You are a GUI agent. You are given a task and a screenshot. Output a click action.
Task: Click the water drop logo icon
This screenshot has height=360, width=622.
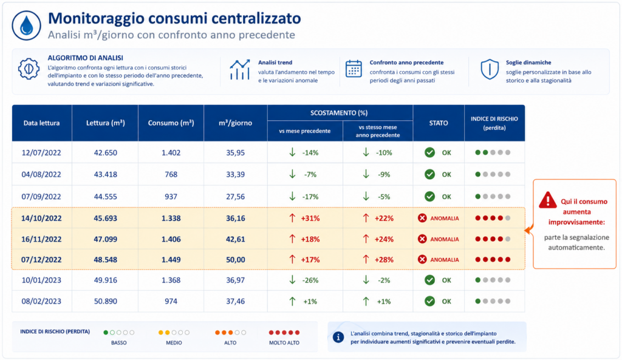coord(26,25)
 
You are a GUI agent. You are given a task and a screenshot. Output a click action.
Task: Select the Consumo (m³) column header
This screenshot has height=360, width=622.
coord(171,123)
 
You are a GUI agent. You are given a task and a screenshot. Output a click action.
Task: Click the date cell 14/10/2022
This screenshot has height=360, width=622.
coord(41,219)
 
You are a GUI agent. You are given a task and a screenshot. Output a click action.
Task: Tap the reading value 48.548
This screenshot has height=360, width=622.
coord(105,260)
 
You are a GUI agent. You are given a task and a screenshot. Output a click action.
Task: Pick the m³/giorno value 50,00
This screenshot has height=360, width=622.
coord(235,260)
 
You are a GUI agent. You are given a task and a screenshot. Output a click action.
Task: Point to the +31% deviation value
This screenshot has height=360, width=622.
coord(310,219)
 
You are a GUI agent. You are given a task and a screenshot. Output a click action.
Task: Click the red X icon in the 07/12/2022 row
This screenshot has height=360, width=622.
coord(422,259)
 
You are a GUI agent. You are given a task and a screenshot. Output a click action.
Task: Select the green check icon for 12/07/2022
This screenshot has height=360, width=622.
coord(429,152)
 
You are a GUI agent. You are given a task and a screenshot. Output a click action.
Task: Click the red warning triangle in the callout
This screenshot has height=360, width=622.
coord(548,200)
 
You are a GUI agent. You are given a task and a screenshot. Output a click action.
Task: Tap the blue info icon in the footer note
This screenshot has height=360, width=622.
coord(338,338)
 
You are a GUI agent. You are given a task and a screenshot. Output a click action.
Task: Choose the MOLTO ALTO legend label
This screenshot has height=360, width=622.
coord(284,342)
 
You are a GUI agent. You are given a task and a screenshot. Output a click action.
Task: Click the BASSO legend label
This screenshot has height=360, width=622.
coord(118,342)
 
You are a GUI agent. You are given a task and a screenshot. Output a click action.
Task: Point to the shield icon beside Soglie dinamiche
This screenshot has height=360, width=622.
coord(490,69)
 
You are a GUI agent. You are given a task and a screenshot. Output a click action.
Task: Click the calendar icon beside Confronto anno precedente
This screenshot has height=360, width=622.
coord(354,69)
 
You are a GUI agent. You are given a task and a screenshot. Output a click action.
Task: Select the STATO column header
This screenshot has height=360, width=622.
coord(439,123)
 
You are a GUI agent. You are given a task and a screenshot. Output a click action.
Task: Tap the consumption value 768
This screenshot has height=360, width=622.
coord(171,174)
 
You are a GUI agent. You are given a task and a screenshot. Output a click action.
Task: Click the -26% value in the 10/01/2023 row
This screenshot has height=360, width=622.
coord(310,280)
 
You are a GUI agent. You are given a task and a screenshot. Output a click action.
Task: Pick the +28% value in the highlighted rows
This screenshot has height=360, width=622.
coord(384,260)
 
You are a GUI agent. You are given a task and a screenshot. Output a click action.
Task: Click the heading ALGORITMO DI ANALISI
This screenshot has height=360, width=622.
coord(85,58)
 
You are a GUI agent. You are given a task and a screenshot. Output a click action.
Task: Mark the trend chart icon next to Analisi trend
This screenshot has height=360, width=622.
coord(240,69)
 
